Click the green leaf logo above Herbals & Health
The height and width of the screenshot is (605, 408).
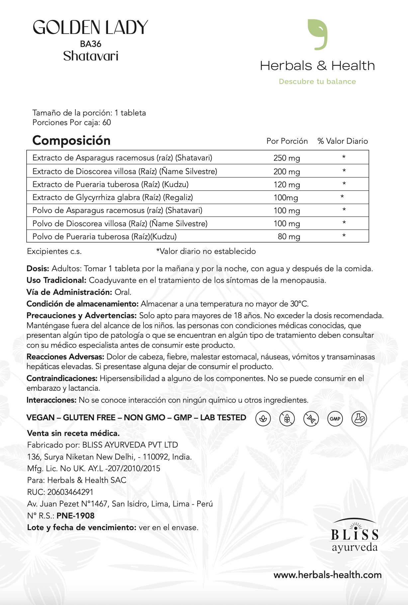(317, 34)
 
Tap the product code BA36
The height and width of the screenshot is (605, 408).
(91, 44)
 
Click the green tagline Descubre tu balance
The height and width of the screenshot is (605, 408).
(317, 82)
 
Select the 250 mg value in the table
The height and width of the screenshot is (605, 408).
(286, 158)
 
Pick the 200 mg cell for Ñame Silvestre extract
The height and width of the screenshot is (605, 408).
(286, 172)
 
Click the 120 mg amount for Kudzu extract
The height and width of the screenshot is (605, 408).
(286, 185)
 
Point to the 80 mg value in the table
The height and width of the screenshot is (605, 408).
(289, 237)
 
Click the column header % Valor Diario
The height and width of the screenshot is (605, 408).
(343, 141)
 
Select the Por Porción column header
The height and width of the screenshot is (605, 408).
(287, 141)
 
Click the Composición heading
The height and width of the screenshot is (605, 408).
(71, 140)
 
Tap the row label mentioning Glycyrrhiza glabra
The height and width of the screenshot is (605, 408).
(113, 197)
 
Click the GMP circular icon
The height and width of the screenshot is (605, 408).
(335, 419)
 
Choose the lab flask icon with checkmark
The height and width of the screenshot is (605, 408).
(359, 419)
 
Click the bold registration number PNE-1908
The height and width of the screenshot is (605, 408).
(75, 516)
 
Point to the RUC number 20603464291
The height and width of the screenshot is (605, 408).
(70, 492)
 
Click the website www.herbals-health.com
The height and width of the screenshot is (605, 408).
(327, 575)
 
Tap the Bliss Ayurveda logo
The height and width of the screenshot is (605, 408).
(355, 535)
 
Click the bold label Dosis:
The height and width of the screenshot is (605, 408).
(38, 269)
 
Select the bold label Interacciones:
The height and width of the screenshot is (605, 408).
(51, 400)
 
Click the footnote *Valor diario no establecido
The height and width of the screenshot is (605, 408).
(206, 251)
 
